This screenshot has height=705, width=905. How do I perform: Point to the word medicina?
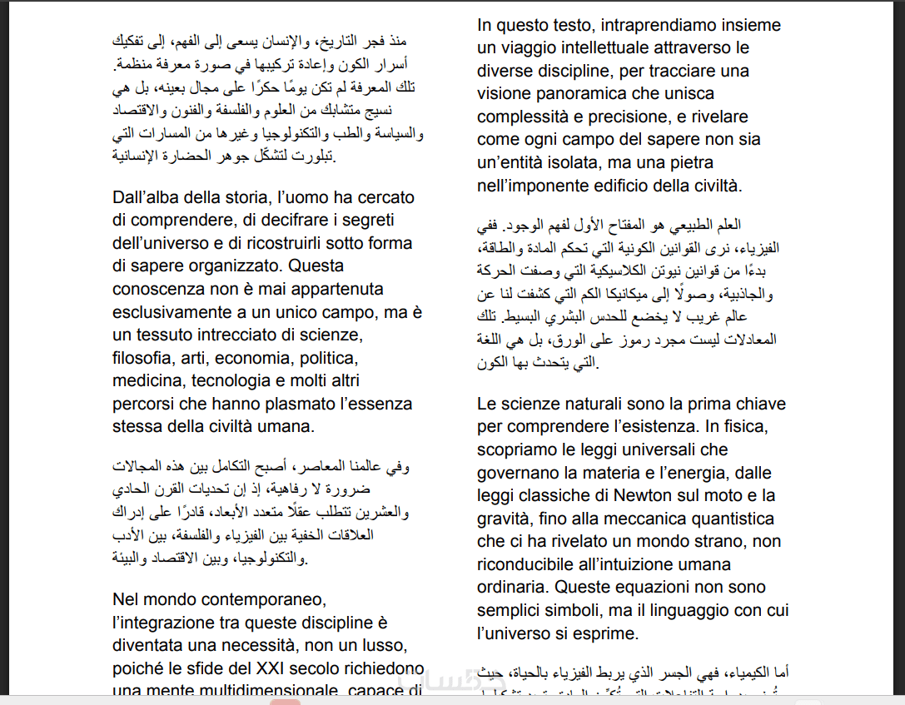(148, 381)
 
